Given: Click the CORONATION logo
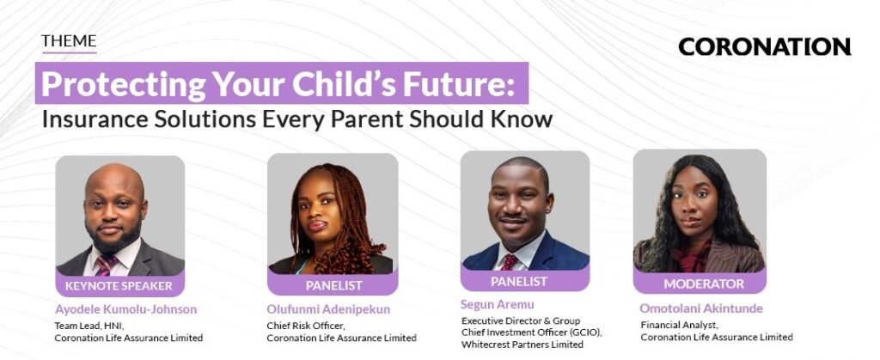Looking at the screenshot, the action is click(764, 47).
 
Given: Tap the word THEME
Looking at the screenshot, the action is click(69, 41).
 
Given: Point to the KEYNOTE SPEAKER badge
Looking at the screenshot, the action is click(119, 286).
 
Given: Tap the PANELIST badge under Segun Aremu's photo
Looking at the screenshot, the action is click(519, 281).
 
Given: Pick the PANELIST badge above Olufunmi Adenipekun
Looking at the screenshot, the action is click(333, 285).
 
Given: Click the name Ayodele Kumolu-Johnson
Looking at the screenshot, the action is click(125, 309).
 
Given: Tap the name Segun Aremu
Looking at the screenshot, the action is click(498, 305).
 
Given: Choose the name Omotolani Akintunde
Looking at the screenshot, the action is click(701, 308).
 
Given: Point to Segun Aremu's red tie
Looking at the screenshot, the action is click(510, 262).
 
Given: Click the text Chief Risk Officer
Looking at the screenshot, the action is click(305, 326).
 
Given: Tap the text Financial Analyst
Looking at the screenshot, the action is click(679, 325).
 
